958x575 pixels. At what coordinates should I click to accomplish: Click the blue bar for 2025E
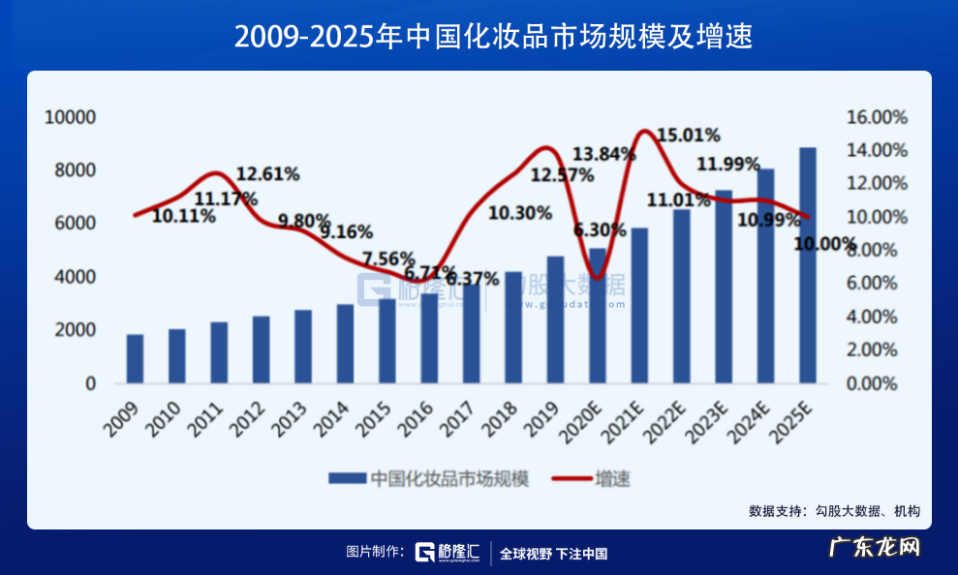[807, 265]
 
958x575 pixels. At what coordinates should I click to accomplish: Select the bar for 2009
[135, 358]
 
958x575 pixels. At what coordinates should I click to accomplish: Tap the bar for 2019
[555, 319]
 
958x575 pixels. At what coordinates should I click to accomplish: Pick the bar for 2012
[261, 348]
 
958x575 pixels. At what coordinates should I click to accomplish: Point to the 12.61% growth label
[267, 174]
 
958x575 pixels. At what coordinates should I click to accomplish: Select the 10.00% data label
[824, 243]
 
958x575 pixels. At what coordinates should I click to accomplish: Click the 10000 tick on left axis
[71, 117]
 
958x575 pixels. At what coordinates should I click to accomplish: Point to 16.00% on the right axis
[877, 117]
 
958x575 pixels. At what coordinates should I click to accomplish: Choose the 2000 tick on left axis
[76, 330]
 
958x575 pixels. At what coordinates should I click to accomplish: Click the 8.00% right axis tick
[881, 250]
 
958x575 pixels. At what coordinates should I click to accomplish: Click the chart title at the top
[479, 37]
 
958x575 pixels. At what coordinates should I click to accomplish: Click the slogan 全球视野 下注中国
[553, 554]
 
